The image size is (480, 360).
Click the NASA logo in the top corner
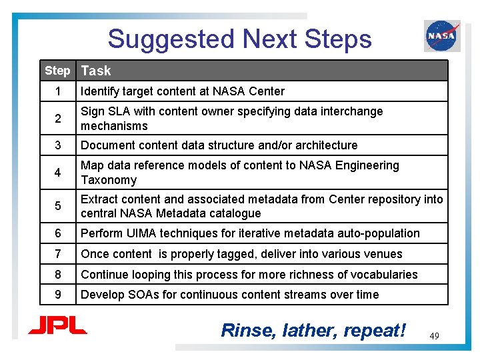tap(441, 36)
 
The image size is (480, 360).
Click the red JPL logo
tap(57, 326)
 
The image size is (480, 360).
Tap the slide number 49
tap(435, 336)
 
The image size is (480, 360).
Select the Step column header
tap(57, 71)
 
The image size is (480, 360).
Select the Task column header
tap(96, 71)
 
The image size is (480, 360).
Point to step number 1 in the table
tap(58, 91)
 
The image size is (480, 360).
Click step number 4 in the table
tap(58, 173)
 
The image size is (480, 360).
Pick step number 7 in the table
tap(58, 254)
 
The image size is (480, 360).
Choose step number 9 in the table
tap(58, 295)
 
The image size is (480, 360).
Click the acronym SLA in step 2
tap(118, 111)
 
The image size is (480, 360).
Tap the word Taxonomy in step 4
tap(109, 180)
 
